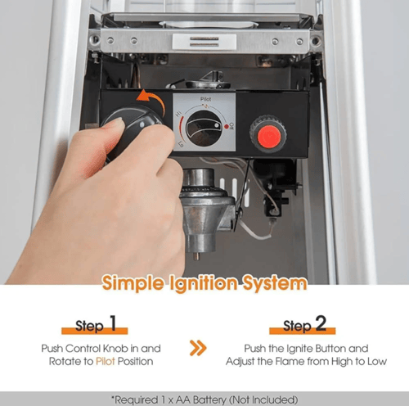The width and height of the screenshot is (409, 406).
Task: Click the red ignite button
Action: pos(269,137)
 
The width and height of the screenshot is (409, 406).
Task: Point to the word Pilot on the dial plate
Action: pos(205,99)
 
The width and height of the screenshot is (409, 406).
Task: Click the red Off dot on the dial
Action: pos(227,127)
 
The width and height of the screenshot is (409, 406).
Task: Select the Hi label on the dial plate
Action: pos(179,114)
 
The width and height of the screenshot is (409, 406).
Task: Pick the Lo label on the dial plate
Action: pos(181,144)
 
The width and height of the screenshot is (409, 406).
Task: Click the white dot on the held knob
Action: pos(142,125)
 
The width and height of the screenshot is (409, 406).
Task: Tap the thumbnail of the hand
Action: pos(117,122)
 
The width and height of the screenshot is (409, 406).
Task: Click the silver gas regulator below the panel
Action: pos(206,210)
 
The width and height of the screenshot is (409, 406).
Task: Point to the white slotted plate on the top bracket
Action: pos(204,42)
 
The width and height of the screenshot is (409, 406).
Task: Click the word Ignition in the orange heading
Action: pos(204,284)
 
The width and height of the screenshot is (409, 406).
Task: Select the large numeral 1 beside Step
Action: pos(113,323)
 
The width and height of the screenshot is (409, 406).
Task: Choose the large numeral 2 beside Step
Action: pos(321,323)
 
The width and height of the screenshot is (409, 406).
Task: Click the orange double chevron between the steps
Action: pos(198,348)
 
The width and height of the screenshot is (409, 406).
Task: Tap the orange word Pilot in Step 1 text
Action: pos(106,361)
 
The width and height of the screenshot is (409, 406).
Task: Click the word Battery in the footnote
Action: pos(209,400)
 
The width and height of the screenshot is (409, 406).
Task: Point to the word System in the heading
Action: pos(275,284)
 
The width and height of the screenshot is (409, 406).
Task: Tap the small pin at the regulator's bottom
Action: pos(196,256)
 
